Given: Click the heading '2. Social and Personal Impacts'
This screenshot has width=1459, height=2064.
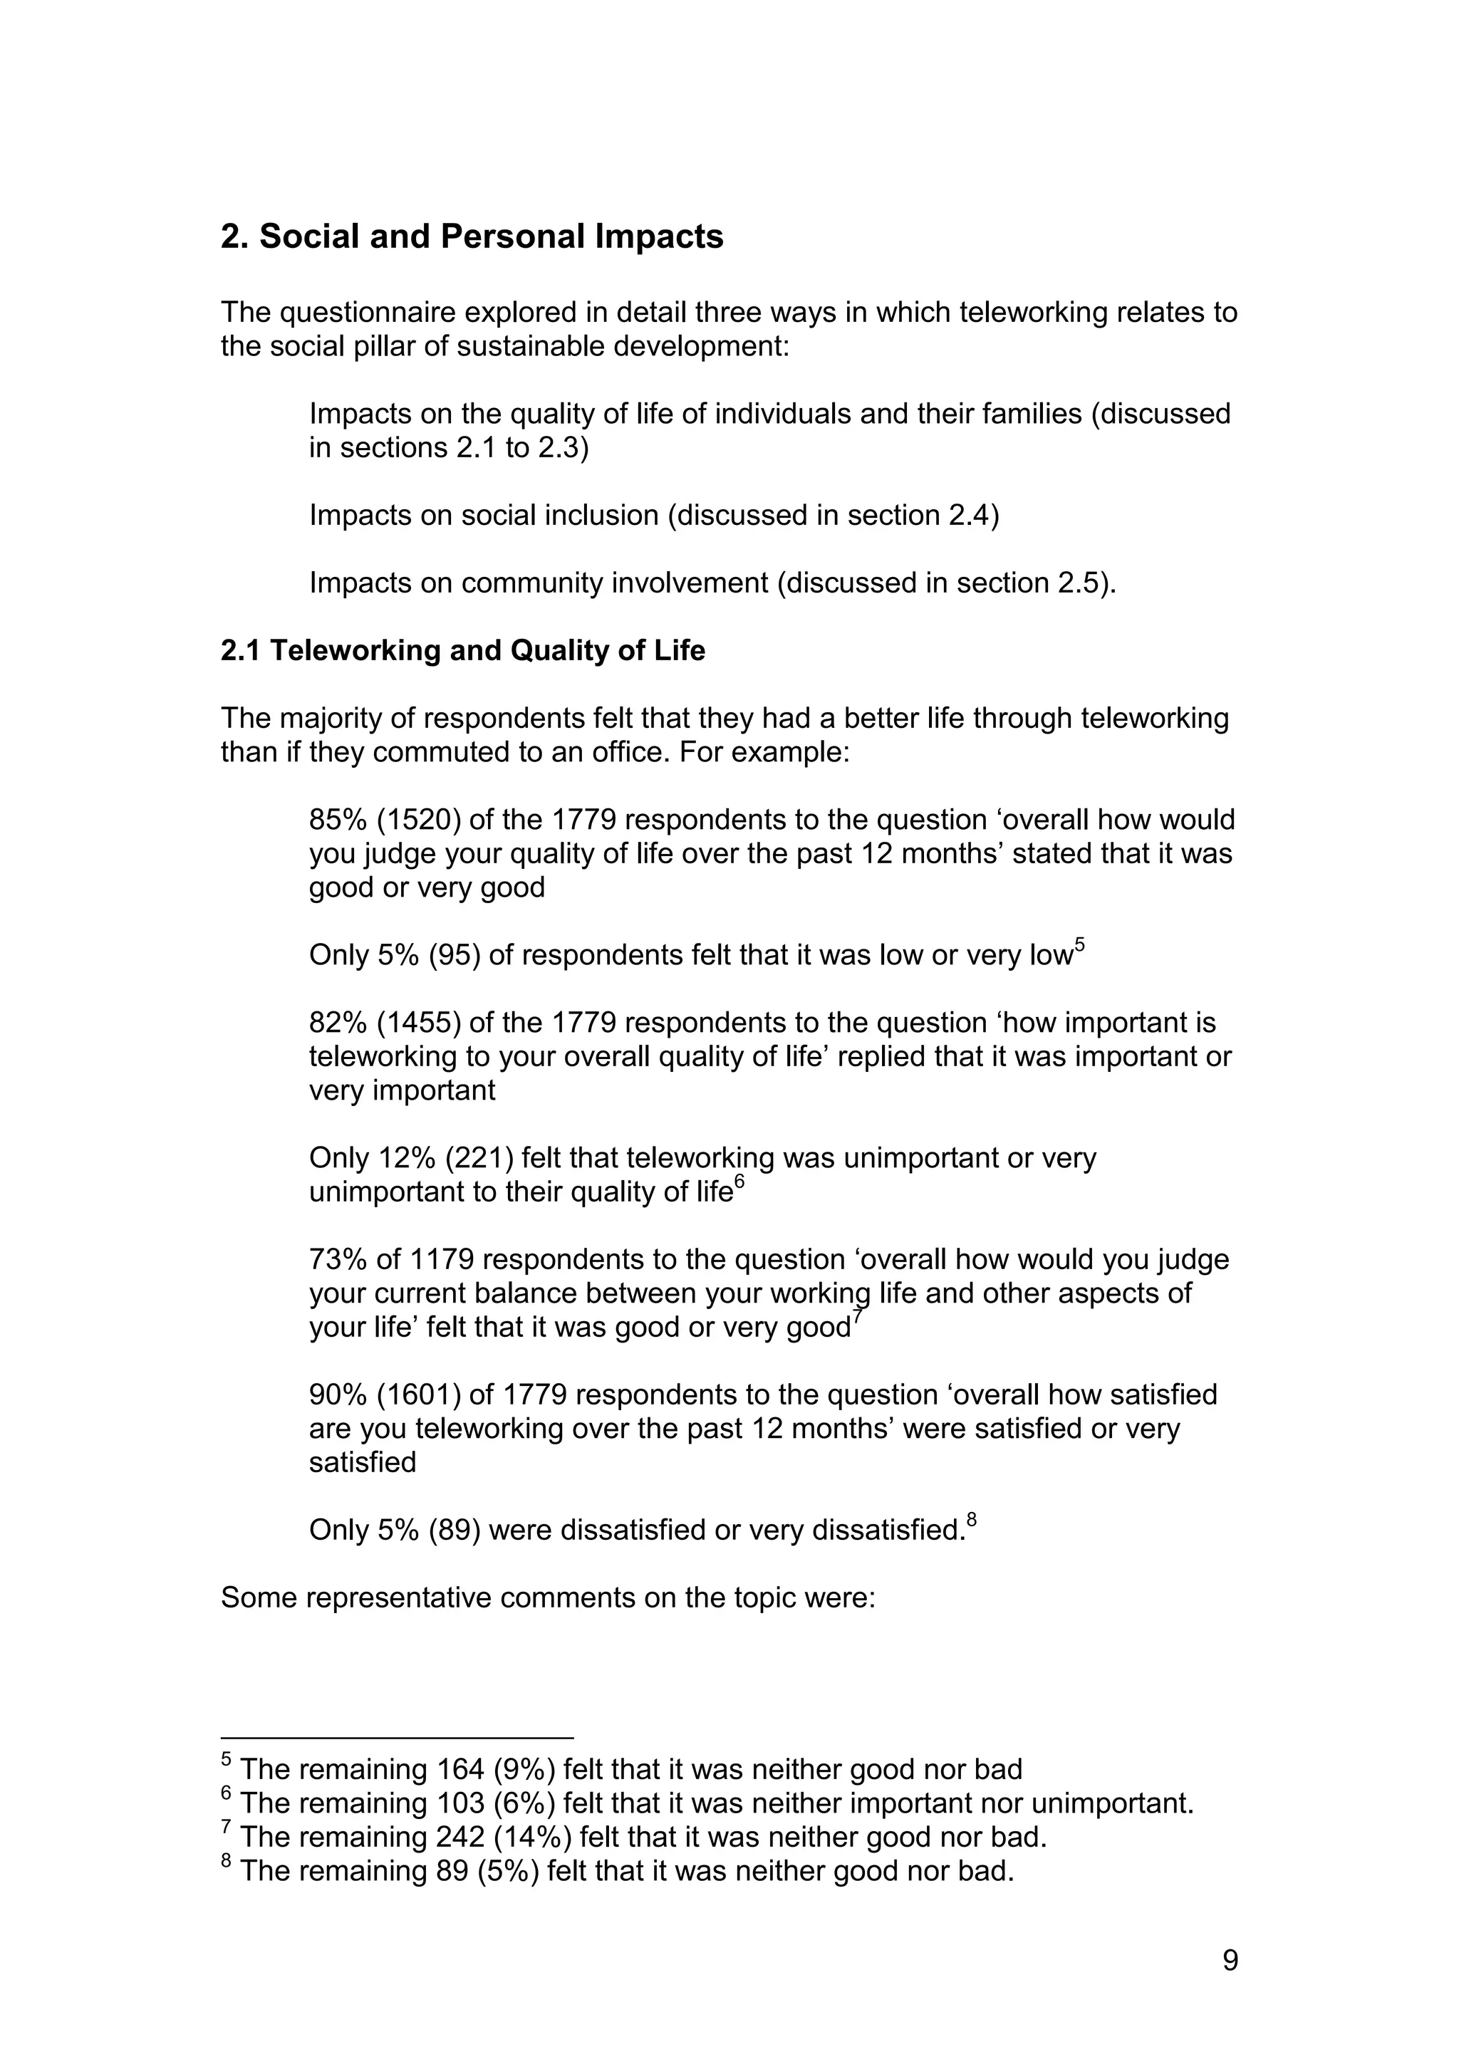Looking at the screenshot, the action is [x=472, y=236].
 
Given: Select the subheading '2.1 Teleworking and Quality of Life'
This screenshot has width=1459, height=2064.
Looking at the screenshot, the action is [x=463, y=650].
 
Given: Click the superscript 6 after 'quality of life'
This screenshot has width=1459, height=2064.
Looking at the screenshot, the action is [x=740, y=1183].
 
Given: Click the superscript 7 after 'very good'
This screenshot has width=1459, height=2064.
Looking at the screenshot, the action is [x=858, y=1319].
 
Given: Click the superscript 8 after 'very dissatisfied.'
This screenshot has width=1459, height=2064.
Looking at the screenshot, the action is [x=972, y=1521].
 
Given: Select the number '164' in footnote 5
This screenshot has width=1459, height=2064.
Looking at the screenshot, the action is [x=460, y=1770].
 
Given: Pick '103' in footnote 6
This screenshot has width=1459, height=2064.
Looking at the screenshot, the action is [x=460, y=1803].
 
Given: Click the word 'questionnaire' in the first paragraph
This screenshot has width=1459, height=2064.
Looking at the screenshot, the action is [x=368, y=312].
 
